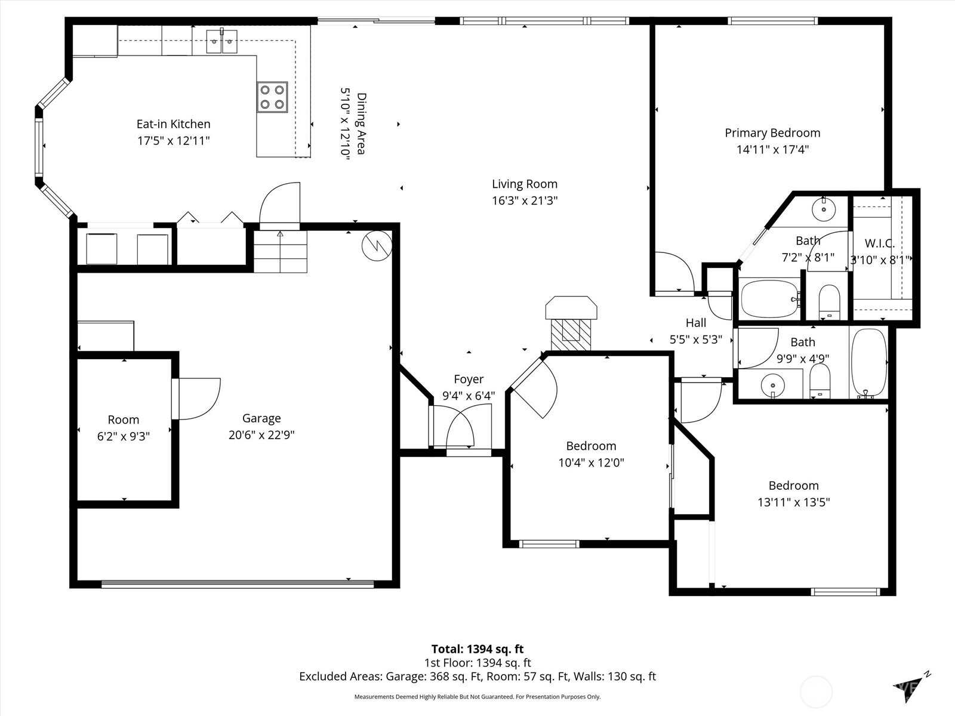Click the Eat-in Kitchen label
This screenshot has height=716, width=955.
point(173,124)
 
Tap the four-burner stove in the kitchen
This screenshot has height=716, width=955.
point(272,97)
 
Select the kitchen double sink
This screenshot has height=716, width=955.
point(221,41)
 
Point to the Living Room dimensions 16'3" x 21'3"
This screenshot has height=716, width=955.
point(525,200)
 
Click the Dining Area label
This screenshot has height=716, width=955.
point(361,124)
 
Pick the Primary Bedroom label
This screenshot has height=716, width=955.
point(772,133)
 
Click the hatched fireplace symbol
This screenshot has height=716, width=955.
point(571,335)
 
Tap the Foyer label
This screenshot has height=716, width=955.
point(469,379)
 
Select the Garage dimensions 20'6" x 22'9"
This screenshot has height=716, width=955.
point(261,435)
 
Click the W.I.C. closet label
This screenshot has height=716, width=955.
point(879,243)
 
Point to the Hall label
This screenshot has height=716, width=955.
point(696,323)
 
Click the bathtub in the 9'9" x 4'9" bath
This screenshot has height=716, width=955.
point(868,363)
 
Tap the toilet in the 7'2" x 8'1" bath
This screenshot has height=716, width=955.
point(829,302)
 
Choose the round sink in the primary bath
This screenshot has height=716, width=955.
point(824,209)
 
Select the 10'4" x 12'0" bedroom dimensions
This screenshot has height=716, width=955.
point(591,462)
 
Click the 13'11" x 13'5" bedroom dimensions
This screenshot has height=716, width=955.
point(794,502)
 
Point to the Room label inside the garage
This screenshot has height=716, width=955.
point(124,420)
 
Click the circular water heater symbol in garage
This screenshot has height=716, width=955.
point(377,246)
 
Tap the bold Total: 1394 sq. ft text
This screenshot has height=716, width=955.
point(478,649)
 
